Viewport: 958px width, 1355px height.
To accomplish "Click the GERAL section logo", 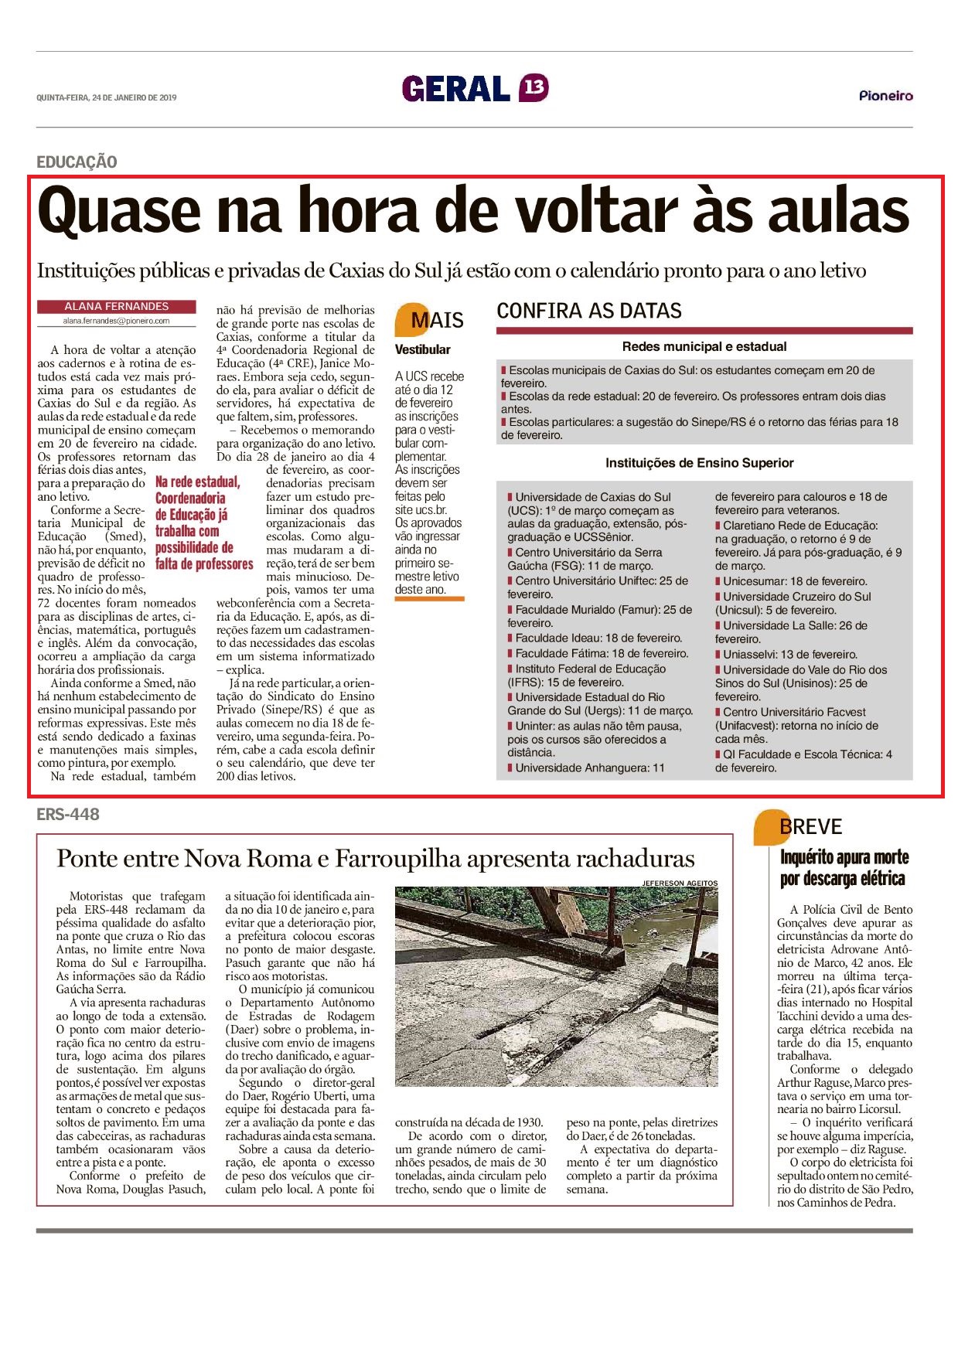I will tap(455, 88).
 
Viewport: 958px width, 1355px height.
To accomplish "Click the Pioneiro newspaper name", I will tap(885, 96).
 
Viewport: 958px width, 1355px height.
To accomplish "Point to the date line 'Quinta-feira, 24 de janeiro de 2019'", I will tap(107, 97).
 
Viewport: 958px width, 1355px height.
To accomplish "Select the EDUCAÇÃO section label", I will tap(77, 162).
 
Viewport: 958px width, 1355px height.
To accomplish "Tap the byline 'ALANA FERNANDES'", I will tap(117, 307).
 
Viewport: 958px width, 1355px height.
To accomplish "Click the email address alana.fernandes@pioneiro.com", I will tap(117, 321).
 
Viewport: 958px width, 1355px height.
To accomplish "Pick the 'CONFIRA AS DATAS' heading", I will tap(589, 311).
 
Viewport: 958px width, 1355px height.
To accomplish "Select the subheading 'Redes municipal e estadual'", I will tap(704, 347).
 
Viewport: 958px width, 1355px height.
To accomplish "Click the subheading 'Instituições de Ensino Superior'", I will tap(699, 463).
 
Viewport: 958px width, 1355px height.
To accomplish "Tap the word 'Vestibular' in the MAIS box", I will tap(422, 349).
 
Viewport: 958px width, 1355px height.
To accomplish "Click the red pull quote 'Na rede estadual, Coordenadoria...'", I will tap(203, 523).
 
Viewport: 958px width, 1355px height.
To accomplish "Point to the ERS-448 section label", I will tap(68, 814).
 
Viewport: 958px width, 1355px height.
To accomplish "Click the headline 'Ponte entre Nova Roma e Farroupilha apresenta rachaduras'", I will tap(376, 859).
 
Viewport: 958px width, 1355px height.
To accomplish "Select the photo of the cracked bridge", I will tap(556, 986).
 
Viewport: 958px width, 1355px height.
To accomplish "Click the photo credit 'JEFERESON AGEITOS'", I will tap(680, 883).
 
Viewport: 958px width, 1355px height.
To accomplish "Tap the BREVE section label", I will tap(810, 827).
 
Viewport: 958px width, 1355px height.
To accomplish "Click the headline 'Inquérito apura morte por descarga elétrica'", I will tap(844, 868).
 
